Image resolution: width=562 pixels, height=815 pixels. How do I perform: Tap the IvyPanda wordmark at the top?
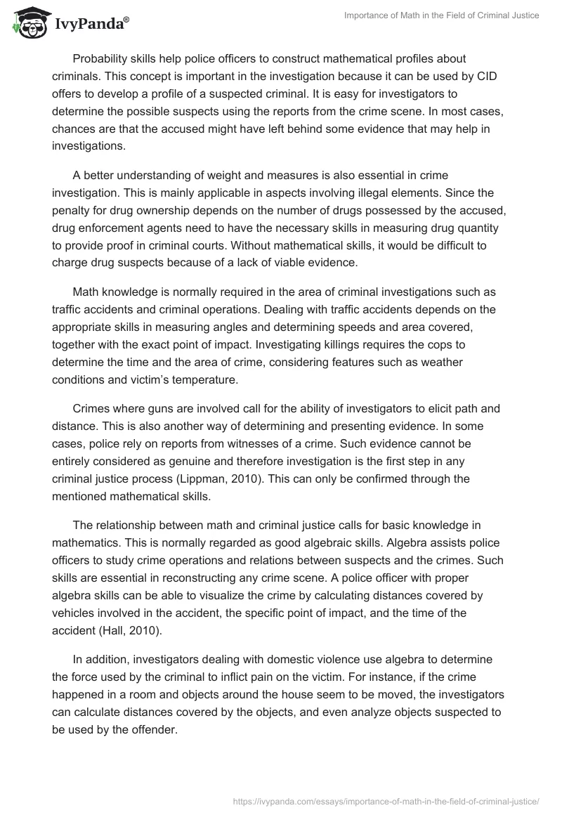(91, 23)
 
